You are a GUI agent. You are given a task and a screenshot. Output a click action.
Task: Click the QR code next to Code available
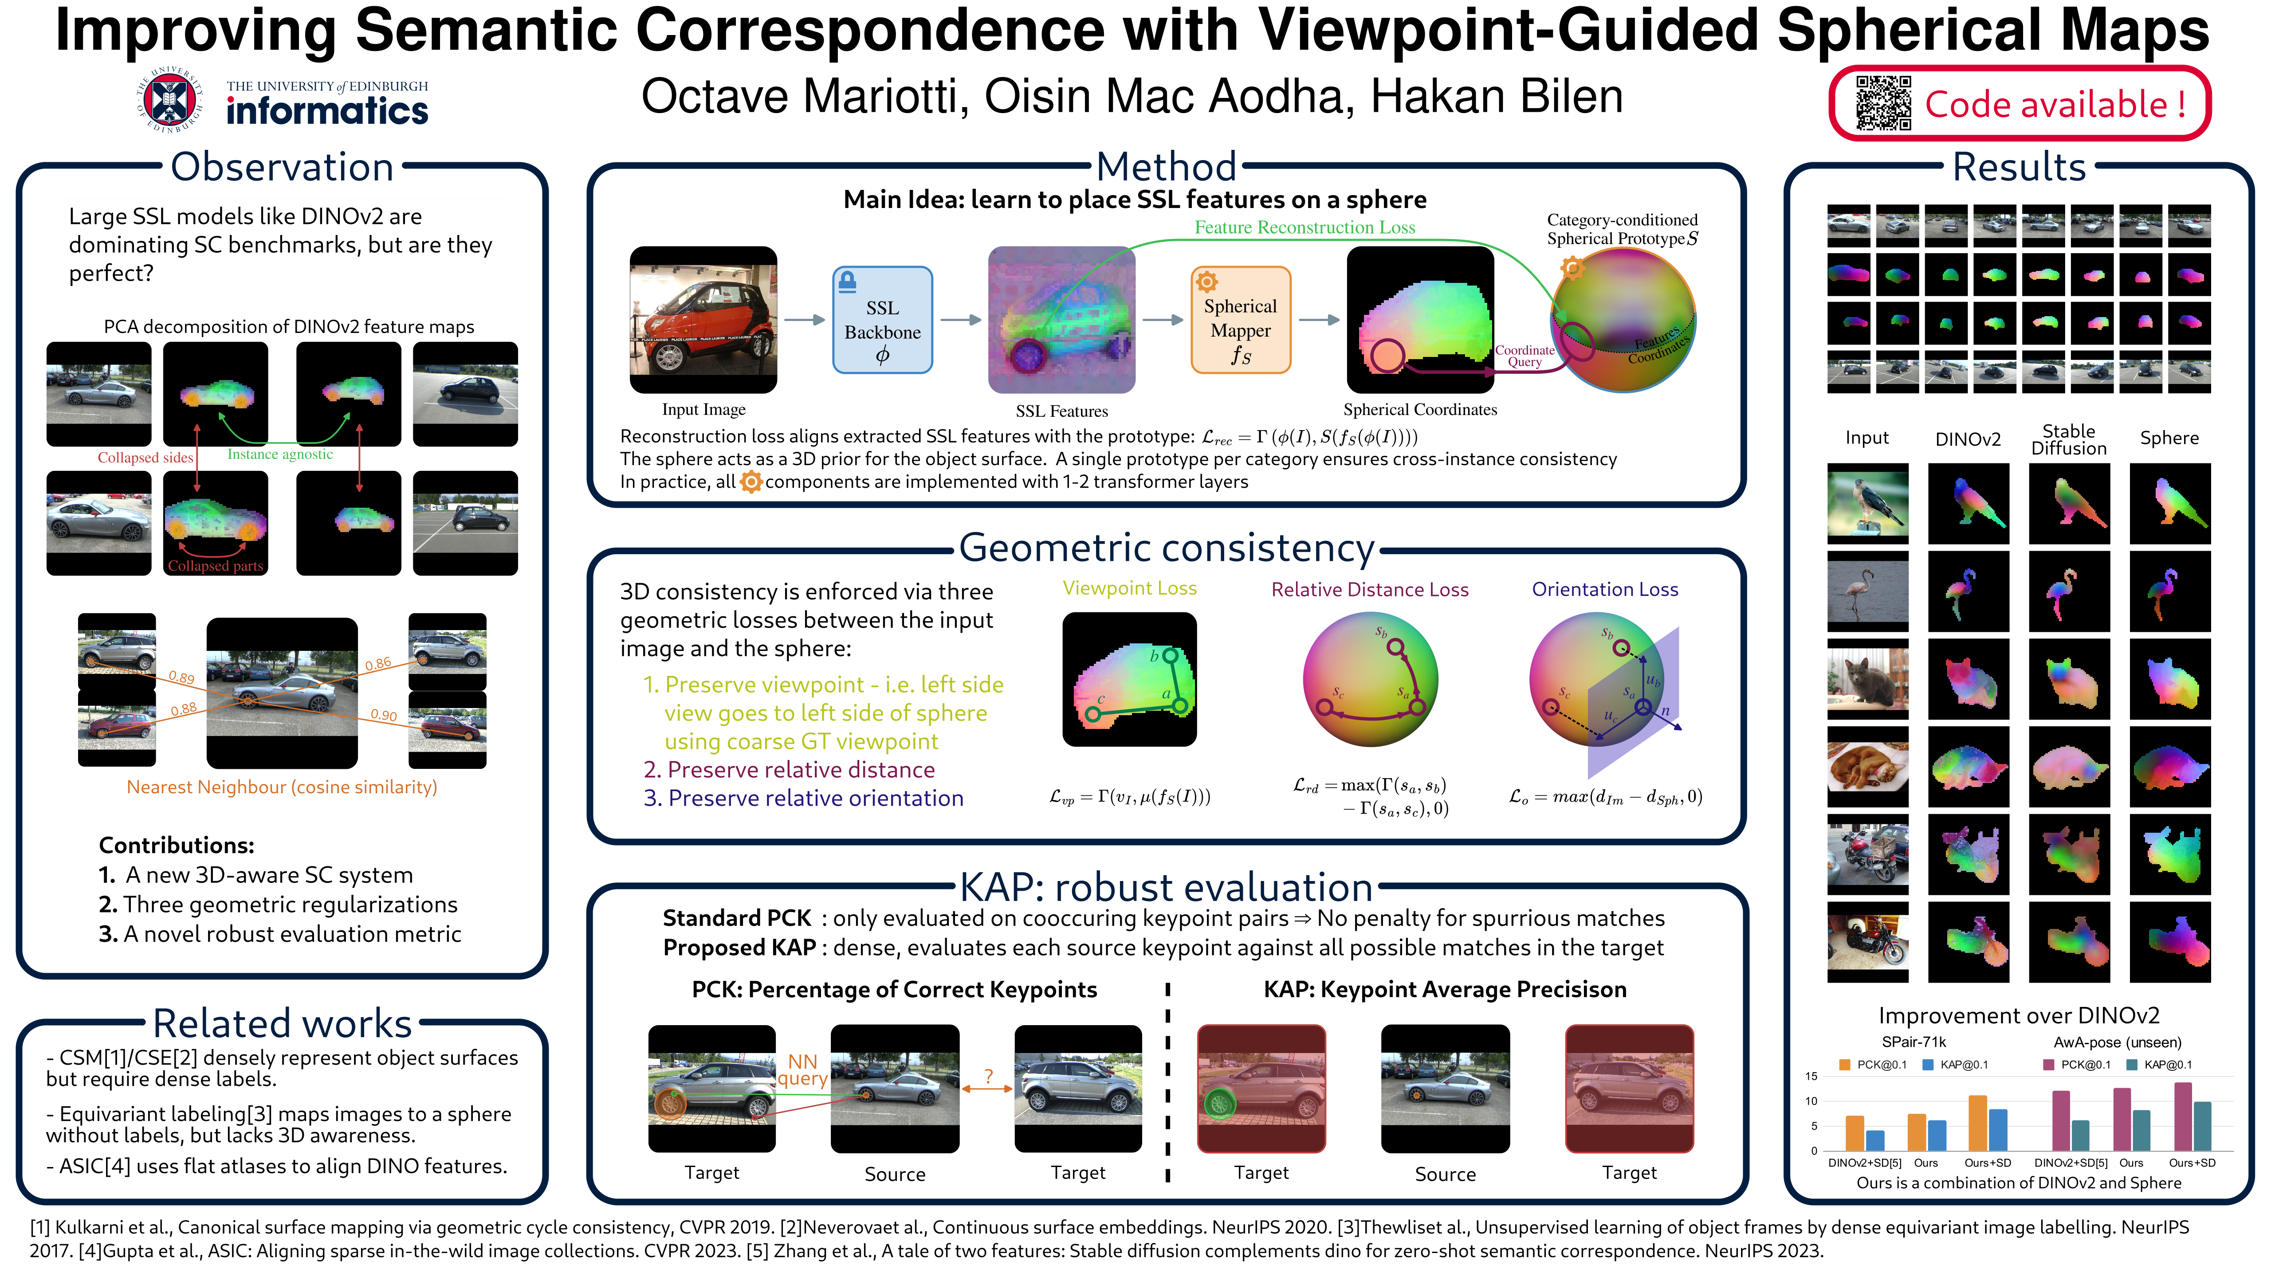[x=1883, y=103]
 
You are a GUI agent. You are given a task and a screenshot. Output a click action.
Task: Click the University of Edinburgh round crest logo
[x=169, y=100]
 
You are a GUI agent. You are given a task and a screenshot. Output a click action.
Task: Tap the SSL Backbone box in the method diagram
[x=883, y=320]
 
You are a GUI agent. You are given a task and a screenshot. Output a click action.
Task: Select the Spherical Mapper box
[x=1241, y=320]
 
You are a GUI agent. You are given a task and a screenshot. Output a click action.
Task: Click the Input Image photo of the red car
[x=703, y=320]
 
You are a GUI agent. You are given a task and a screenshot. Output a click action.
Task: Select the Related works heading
[x=282, y=1023]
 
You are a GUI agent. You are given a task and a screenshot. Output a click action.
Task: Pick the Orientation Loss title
[x=1604, y=590]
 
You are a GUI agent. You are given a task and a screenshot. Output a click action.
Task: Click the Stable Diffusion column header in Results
[x=2068, y=439]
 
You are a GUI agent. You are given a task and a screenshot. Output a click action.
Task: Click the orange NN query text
[x=802, y=1070]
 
